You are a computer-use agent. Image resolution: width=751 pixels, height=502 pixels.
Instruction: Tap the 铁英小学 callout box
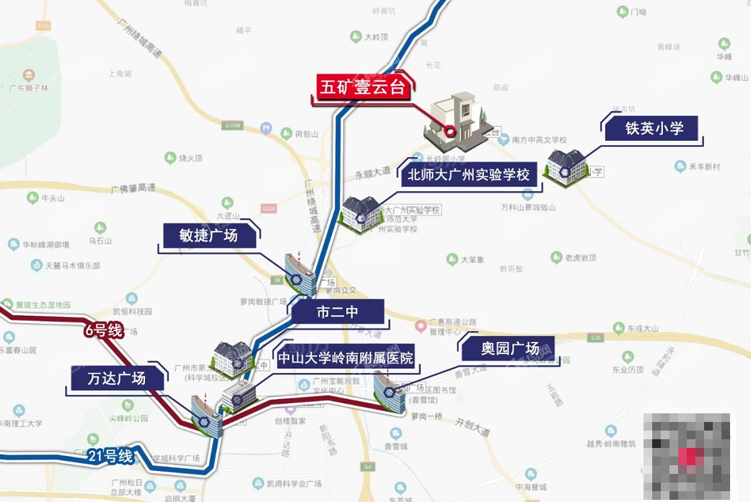(653, 129)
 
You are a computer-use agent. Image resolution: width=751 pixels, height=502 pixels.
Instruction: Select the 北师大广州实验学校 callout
(469, 175)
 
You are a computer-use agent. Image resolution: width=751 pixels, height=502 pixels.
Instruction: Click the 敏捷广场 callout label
(208, 235)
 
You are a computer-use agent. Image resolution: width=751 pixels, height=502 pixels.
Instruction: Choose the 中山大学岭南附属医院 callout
(346, 358)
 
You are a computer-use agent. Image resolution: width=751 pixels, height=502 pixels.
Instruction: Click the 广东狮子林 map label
(29, 88)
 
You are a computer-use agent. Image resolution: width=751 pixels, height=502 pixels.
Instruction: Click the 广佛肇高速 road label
(133, 189)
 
